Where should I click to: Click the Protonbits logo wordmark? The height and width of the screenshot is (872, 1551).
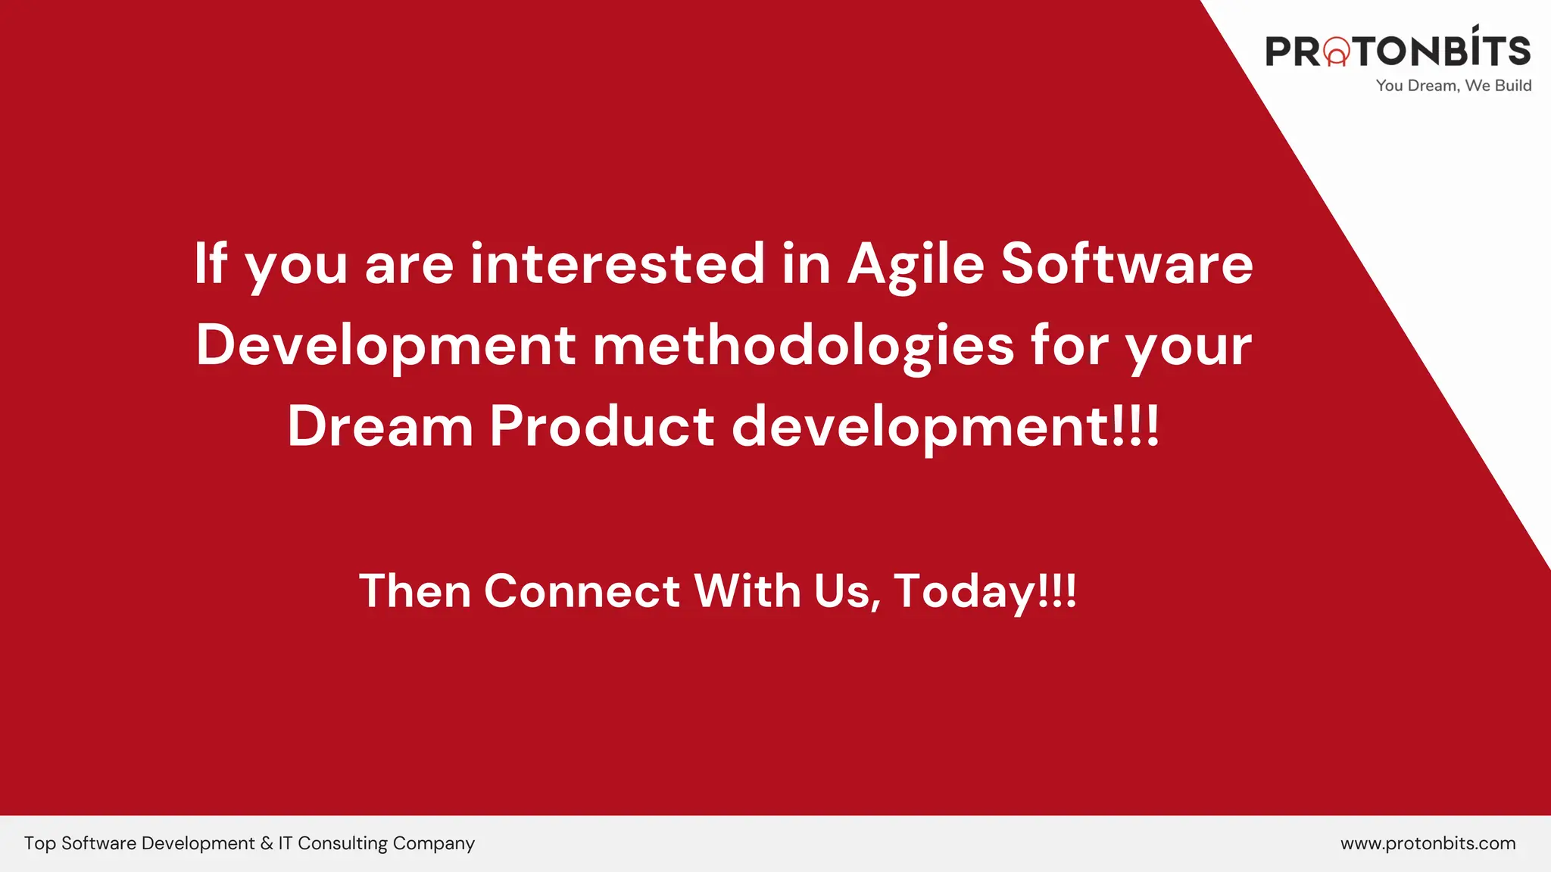pyautogui.click(x=1398, y=50)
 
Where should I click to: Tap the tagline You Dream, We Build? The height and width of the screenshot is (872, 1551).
pyautogui.click(x=1453, y=86)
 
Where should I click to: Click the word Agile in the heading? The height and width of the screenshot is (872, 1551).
pyautogui.click(x=916, y=265)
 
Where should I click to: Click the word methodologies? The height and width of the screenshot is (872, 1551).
pyautogui.click(x=803, y=346)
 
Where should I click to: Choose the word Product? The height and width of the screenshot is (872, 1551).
pyautogui.click(x=601, y=426)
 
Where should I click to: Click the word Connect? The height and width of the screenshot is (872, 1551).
pyautogui.click(x=582, y=591)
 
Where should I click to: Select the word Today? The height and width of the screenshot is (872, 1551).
pyautogui.click(x=963, y=591)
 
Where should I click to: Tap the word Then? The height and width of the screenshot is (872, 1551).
pyautogui.click(x=414, y=591)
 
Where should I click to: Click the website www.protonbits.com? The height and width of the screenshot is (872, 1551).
pyautogui.click(x=1428, y=843)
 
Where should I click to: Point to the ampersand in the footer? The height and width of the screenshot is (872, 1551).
pyautogui.click(x=267, y=843)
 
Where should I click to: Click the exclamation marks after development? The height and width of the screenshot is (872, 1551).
pyautogui.click(x=1135, y=426)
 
